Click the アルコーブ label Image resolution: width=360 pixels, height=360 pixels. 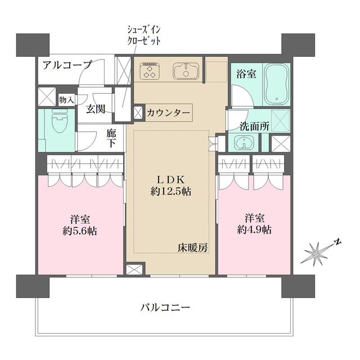tap(67, 65)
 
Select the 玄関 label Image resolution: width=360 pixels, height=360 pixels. tap(96, 109)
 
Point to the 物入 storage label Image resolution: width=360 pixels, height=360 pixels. tap(66, 100)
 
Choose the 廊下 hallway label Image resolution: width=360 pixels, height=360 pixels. tap(111, 138)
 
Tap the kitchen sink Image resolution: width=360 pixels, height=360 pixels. tap(184, 71)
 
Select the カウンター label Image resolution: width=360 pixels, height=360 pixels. tap(168, 112)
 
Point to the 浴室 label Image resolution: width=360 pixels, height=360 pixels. tap(246, 73)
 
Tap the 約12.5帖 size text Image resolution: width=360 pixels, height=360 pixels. tap(170, 191)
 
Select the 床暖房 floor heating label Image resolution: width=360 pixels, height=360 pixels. tap(193, 247)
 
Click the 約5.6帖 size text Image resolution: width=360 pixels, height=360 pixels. tap(80, 231)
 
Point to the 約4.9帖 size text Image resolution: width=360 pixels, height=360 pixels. tap(254, 229)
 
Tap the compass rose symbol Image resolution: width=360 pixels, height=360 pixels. tap(318, 254)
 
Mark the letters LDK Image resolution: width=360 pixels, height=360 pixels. tap(170, 179)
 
